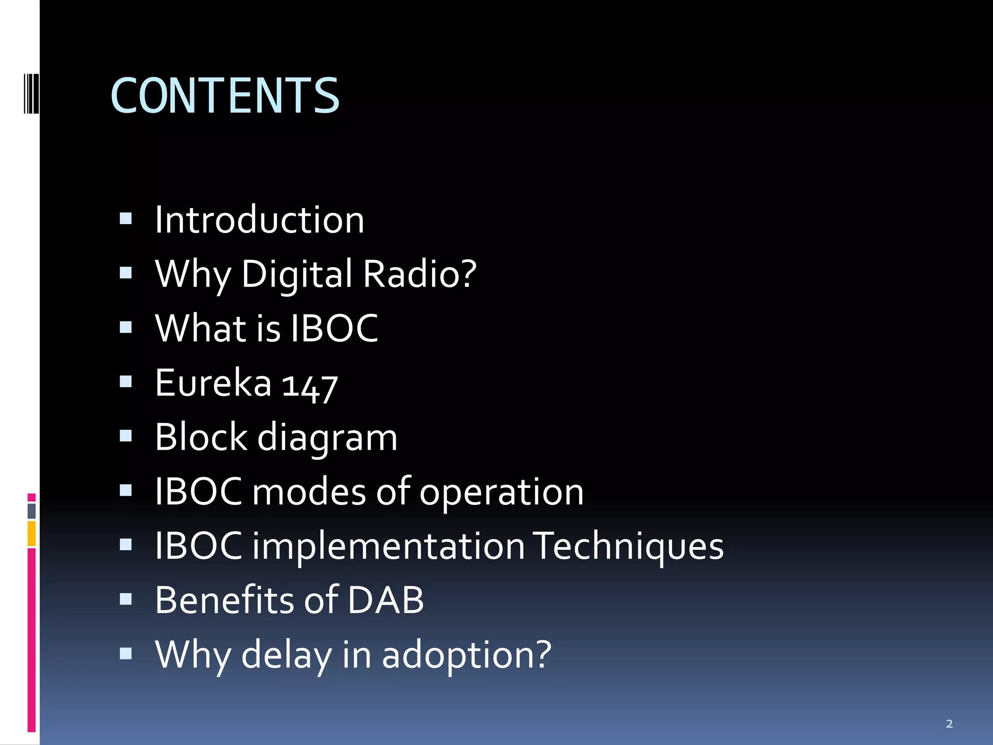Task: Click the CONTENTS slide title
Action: [225, 96]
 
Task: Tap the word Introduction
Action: [259, 220]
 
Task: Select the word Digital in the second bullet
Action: [297, 275]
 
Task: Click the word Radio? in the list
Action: [420, 274]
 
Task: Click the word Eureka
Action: [213, 383]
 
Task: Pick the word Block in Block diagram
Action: [202, 437]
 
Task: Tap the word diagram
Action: [327, 438]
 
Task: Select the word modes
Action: [309, 492]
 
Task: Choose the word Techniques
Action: [628, 546]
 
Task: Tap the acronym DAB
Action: [386, 600]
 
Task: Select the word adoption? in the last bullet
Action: [466, 655]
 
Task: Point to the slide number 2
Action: [949, 724]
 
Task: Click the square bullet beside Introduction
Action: [126, 219]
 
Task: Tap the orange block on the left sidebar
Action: [32, 534]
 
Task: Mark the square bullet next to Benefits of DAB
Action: [126, 599]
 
